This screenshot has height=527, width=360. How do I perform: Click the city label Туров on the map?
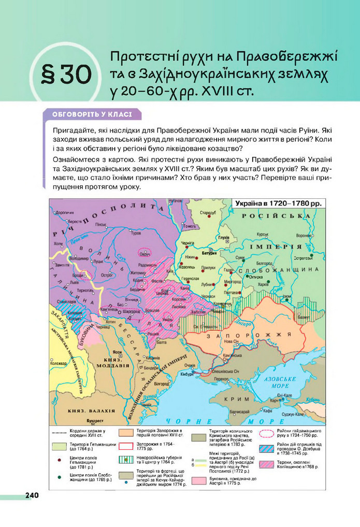pyautogui.click(x=136, y=233)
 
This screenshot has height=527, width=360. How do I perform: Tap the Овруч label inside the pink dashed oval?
pyautogui.click(x=145, y=254)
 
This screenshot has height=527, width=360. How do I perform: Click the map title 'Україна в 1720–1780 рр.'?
pyautogui.click(x=279, y=203)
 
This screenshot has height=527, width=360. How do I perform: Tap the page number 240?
pyautogui.click(x=32, y=495)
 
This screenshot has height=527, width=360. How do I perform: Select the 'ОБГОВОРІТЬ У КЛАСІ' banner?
pyautogui.click(x=92, y=114)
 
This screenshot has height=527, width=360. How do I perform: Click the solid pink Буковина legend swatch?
pyautogui.click(x=199, y=480)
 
